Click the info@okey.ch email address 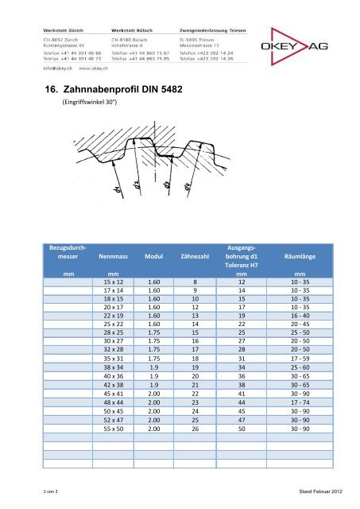[57, 68]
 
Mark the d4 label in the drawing [188, 188]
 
